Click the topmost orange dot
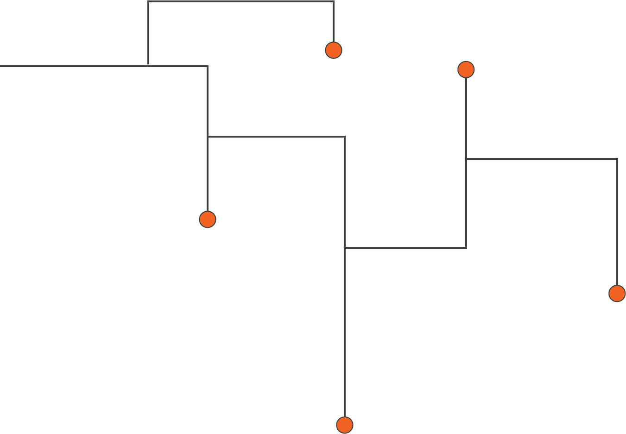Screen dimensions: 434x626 [334, 50]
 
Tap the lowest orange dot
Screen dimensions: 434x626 [345, 425]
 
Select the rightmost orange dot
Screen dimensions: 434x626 [617, 294]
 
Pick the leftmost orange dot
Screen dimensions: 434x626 [208, 219]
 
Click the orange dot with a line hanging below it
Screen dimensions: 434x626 [466, 69]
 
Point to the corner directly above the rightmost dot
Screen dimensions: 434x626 [617, 159]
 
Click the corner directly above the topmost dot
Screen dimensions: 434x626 [334, 1]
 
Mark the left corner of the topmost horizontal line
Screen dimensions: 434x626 [148, 1]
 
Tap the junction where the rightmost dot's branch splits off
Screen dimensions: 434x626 [466, 159]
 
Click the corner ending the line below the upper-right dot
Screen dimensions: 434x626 [466, 248]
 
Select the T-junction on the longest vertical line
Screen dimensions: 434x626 [345, 248]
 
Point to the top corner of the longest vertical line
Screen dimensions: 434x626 [345, 137]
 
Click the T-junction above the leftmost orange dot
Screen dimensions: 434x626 [208, 137]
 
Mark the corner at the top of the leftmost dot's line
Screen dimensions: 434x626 [208, 66]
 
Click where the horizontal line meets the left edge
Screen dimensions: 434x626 [1, 66]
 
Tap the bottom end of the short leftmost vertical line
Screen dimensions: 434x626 [148, 63]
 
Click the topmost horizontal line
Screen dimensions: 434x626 [241, 1]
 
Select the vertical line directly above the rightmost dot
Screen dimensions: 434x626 [617, 222]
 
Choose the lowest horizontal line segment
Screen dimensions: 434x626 [405, 248]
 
